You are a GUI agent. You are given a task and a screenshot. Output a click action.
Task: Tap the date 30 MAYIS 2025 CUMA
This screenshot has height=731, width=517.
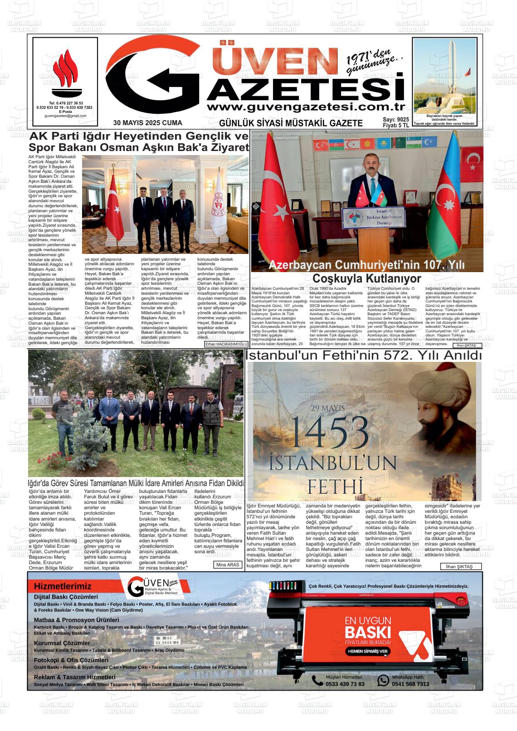(148, 123)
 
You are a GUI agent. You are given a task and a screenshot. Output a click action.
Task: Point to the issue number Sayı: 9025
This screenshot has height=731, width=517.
(395, 119)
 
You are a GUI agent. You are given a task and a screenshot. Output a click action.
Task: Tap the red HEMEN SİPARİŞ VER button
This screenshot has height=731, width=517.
(368, 651)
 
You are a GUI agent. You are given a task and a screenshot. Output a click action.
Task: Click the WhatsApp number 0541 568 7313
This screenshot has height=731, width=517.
(410, 684)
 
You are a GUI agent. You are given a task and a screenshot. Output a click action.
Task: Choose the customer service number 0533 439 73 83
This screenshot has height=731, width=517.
(345, 684)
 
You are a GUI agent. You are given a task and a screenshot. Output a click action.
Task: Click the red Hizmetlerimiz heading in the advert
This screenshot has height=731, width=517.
(63, 586)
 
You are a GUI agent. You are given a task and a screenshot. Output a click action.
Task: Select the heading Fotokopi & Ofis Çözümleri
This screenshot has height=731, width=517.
(71, 660)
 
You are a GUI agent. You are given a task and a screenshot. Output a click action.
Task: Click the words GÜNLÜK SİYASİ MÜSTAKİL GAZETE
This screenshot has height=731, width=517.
(291, 123)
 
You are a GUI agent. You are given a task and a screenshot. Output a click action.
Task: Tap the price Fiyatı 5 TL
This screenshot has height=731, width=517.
(396, 126)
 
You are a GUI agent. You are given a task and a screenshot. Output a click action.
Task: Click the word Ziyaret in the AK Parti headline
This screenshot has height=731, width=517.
(225, 147)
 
